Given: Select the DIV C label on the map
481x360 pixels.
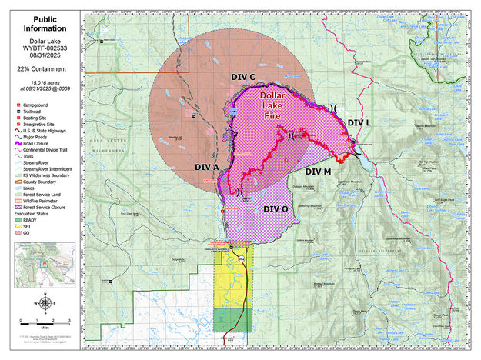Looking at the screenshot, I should (243, 77).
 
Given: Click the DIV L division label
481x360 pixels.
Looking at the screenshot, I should (359, 122).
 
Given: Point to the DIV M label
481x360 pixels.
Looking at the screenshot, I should (317, 171).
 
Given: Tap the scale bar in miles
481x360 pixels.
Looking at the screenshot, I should (45, 322).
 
